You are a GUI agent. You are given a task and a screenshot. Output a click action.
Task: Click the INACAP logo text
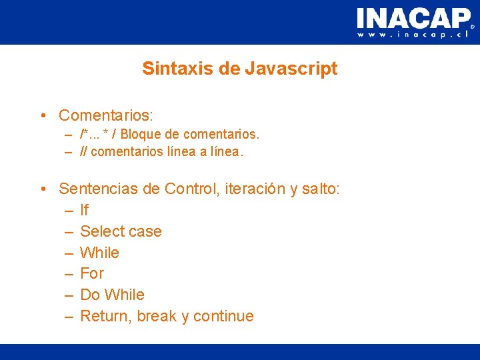click(x=413, y=17)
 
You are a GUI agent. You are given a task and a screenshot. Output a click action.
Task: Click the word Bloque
click(x=139, y=134)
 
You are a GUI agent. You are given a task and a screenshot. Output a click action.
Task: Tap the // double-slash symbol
click(x=83, y=151)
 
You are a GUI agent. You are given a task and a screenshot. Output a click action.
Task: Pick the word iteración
click(x=254, y=189)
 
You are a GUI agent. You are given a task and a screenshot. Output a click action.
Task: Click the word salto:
click(x=321, y=189)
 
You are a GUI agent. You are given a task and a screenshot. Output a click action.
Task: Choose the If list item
click(x=84, y=210)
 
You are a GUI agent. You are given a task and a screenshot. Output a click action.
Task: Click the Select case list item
click(x=121, y=231)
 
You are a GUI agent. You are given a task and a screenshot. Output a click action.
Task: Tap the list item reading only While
click(x=99, y=253)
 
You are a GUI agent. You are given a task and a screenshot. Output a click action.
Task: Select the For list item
click(x=92, y=273)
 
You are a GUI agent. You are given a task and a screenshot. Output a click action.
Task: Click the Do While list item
click(x=112, y=295)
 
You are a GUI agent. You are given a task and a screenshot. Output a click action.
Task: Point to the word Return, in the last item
click(x=106, y=316)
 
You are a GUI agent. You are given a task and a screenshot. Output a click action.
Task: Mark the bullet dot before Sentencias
click(x=43, y=189)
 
